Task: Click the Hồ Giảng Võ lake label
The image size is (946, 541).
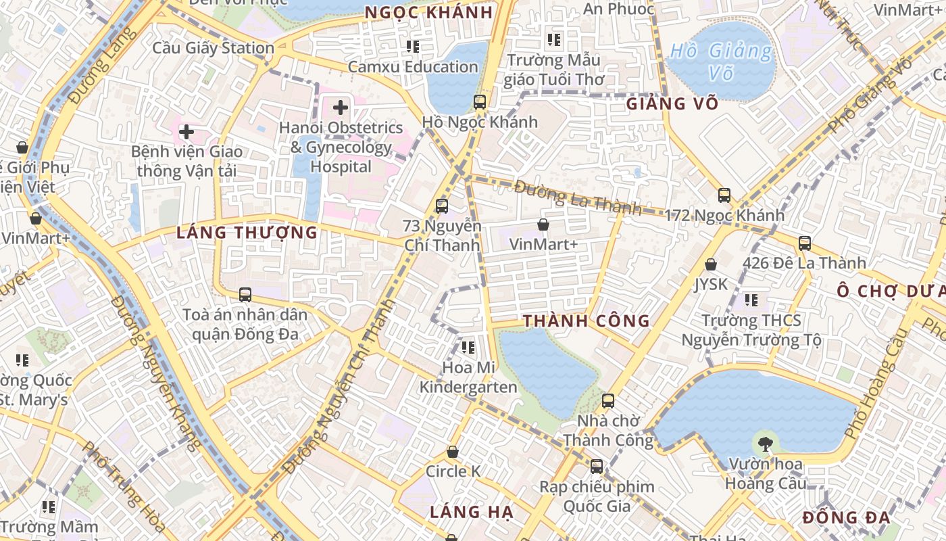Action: click(720, 62)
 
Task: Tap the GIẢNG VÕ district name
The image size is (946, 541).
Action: click(672, 103)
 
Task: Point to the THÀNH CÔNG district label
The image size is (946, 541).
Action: click(586, 321)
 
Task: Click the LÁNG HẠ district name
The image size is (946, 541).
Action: click(471, 512)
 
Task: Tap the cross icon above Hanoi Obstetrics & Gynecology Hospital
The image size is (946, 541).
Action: click(341, 108)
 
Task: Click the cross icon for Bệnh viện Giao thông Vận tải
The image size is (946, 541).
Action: click(186, 132)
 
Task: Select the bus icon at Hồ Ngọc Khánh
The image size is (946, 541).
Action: click(480, 102)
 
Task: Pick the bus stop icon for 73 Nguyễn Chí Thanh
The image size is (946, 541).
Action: click(442, 206)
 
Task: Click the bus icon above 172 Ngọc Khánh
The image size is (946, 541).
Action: click(724, 195)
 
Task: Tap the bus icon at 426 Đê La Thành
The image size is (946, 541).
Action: click(804, 243)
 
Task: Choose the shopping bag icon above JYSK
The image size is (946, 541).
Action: click(711, 264)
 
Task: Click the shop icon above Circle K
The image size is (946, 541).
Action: click(453, 452)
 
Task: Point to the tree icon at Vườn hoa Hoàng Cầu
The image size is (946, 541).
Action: click(765, 444)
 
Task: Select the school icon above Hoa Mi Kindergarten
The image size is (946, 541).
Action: click(468, 348)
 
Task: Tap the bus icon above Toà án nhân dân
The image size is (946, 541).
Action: click(245, 295)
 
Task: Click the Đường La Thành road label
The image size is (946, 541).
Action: click(578, 197)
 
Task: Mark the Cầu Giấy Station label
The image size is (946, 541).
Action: click(213, 48)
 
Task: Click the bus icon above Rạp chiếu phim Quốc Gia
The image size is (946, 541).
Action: click(596, 467)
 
